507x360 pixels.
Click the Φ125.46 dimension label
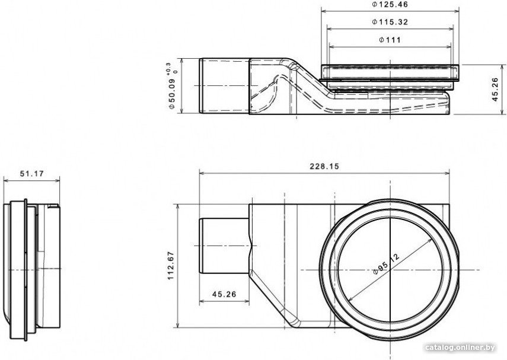point(390,5)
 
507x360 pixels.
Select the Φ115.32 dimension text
point(390,22)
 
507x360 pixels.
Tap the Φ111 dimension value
point(390,40)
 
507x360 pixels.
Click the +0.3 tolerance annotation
point(168,69)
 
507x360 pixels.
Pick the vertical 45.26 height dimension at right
point(495,90)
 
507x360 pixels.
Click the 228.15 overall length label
point(324,166)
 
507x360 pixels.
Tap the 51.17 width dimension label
point(31,174)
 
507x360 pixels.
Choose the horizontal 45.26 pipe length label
point(224,294)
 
